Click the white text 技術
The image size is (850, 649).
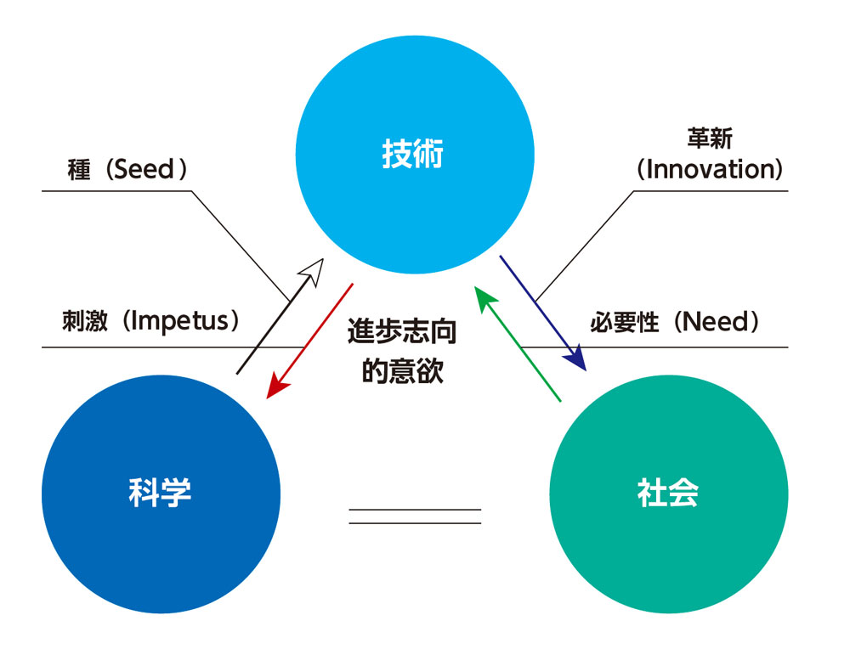(413, 155)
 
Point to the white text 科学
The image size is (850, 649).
(161, 493)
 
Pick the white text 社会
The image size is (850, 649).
(668, 493)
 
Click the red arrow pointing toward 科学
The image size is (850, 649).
(310, 340)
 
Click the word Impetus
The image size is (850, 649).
(179, 322)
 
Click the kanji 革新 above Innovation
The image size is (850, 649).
(710, 138)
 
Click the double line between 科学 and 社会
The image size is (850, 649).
(415, 516)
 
